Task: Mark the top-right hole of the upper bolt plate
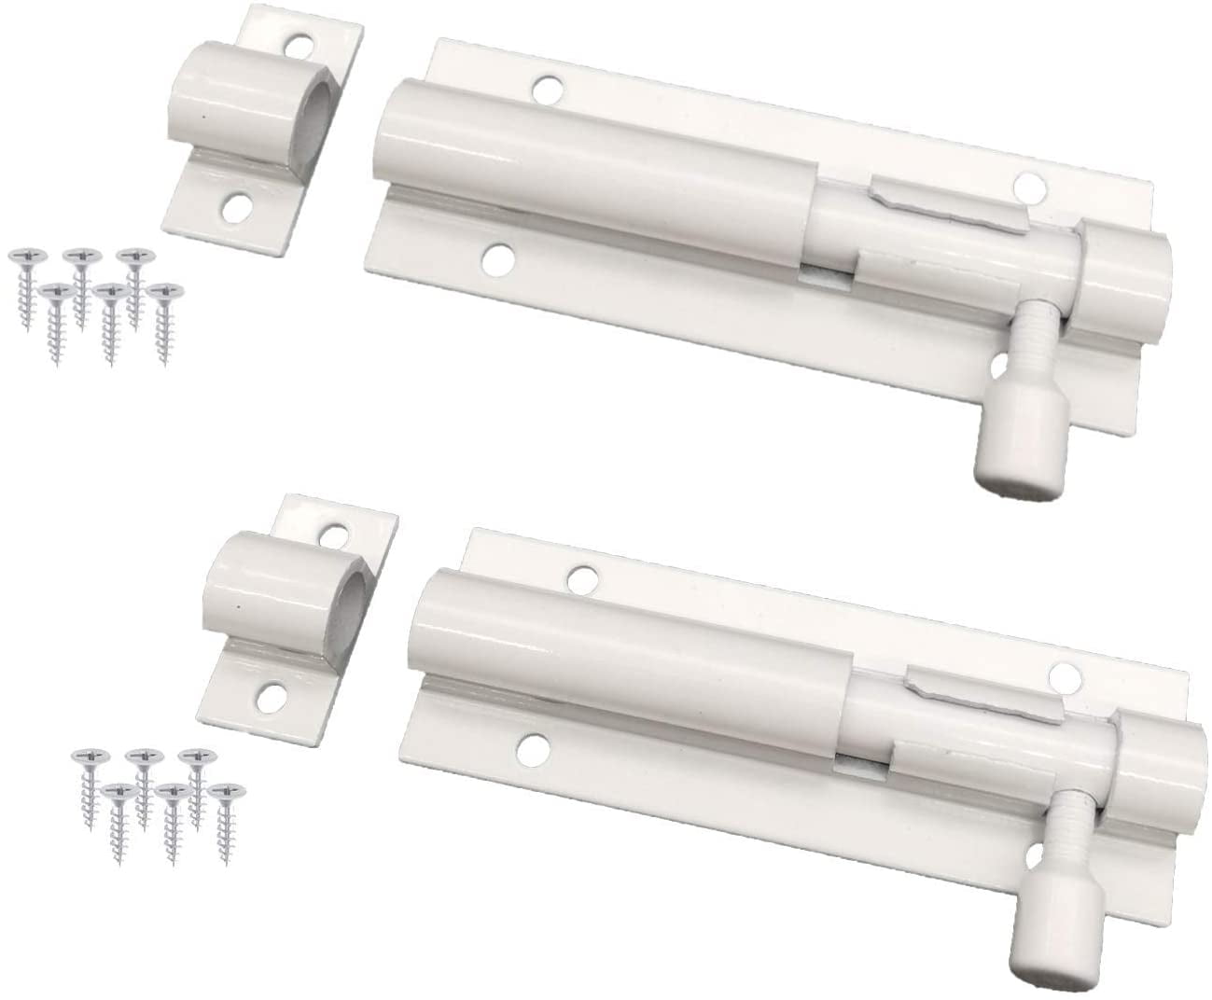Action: click(x=1029, y=185)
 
